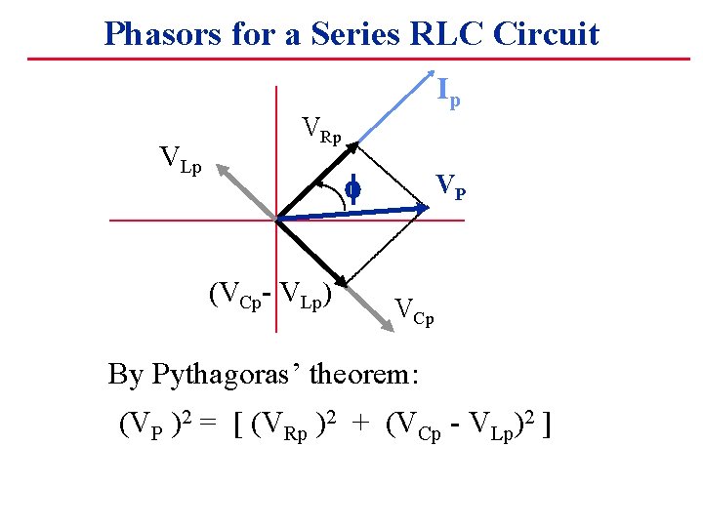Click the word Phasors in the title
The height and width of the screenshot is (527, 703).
click(x=155, y=34)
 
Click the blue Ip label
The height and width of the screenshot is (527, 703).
click(x=448, y=93)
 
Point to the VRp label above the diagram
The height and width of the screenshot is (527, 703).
click(x=322, y=131)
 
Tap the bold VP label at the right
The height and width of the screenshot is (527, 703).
click(x=450, y=184)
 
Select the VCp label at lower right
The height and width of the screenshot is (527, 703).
click(x=414, y=311)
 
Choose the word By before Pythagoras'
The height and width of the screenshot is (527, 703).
click(x=125, y=374)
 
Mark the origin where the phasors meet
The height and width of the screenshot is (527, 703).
click(x=277, y=220)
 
